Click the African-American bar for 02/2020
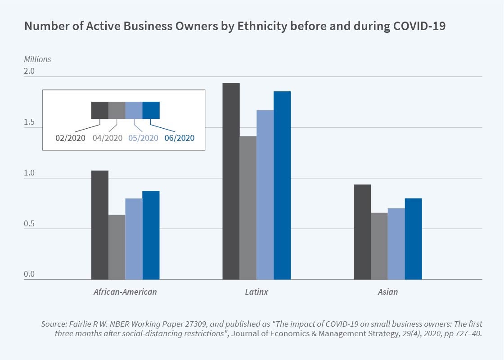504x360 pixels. (100, 225)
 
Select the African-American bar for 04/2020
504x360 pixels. (117, 247)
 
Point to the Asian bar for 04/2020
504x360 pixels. (379, 246)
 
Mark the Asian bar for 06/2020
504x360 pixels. (414, 239)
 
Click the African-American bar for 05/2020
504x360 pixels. (134, 239)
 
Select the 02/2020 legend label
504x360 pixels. (70, 138)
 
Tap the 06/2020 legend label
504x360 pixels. (180, 138)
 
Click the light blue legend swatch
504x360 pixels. (134, 110)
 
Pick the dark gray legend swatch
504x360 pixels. (100, 110)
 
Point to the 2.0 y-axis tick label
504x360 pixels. (29, 72)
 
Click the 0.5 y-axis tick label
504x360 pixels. (29, 224)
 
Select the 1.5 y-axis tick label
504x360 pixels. (29, 122)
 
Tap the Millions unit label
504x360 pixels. (37, 59)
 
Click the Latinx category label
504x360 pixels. (256, 292)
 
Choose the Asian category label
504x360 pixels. (387, 292)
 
